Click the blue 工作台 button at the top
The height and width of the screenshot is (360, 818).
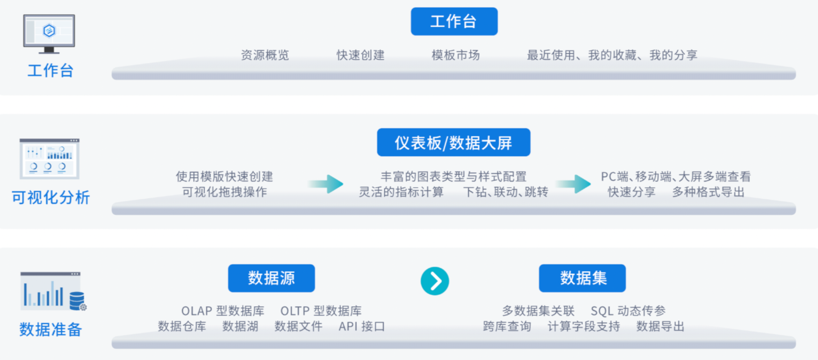click(454, 22)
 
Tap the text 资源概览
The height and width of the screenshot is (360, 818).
click(265, 55)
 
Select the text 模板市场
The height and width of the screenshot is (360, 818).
click(456, 55)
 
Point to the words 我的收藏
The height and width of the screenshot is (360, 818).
click(612, 55)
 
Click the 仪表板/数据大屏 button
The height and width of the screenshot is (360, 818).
click(454, 143)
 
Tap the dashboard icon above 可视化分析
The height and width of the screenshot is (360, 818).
click(49, 159)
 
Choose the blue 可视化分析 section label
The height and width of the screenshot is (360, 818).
click(50, 197)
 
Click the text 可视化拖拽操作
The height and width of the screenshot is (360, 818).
click(224, 192)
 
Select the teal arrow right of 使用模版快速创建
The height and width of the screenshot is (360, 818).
click(326, 184)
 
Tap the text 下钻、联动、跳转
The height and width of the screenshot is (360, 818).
click(505, 192)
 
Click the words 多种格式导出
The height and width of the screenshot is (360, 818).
click(708, 192)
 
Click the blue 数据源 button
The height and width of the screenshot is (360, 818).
click(271, 278)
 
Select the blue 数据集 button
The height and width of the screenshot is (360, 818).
click(582, 278)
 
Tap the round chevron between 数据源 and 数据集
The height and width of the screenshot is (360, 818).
click(435, 281)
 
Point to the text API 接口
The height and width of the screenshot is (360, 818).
click(361, 327)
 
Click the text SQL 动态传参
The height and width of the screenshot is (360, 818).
click(628, 311)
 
